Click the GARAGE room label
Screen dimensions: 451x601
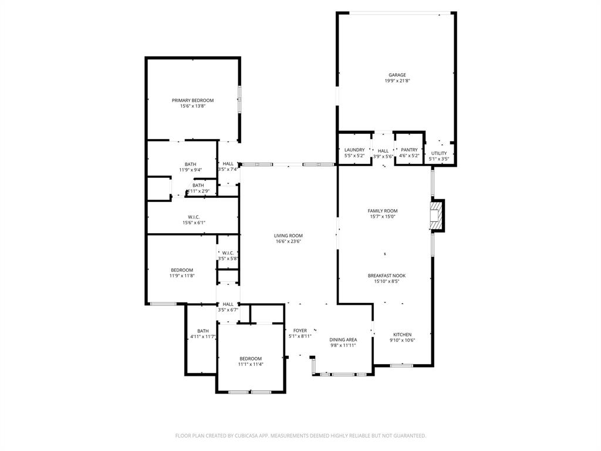click(397, 75)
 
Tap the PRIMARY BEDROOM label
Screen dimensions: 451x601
click(193, 100)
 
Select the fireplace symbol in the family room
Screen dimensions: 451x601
click(436, 216)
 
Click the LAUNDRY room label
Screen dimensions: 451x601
click(354, 150)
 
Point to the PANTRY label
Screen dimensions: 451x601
click(409, 150)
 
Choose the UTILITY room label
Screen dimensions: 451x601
click(439, 153)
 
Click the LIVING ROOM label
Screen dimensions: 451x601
click(288, 235)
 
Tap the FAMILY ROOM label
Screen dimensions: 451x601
click(383, 211)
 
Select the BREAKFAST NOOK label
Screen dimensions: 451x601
click(386, 275)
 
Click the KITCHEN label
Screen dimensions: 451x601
click(402, 335)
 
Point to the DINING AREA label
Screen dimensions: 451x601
click(343, 340)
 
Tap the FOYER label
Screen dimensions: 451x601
click(300, 331)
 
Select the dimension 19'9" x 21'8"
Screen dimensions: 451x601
click(397, 81)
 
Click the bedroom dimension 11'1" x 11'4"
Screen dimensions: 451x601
click(251, 364)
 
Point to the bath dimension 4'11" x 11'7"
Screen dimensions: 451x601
click(203, 337)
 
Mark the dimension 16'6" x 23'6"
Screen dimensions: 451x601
click(288, 241)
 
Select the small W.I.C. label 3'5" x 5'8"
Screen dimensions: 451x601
click(228, 258)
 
